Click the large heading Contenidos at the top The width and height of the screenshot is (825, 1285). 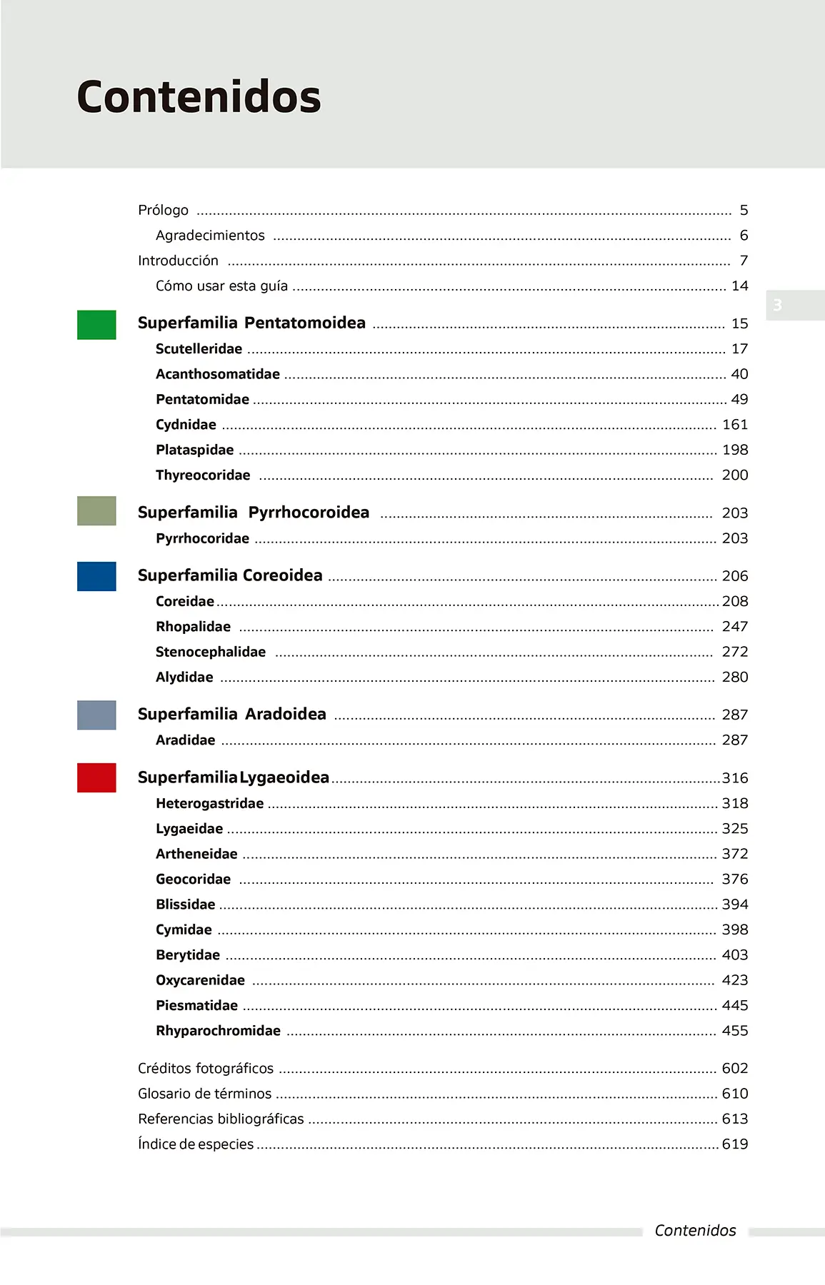[x=199, y=97]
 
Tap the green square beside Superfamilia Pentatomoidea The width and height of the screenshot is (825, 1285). [x=96, y=325]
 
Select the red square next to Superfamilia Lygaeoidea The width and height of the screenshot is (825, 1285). [x=96, y=777]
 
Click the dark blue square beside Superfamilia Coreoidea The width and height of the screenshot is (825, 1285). [x=96, y=576]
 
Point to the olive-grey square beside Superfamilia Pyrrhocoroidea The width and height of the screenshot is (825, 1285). [x=96, y=511]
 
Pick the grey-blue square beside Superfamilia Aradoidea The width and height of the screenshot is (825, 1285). [x=96, y=715]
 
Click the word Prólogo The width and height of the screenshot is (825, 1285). [x=163, y=211]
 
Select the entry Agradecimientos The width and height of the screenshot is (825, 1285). [x=210, y=236]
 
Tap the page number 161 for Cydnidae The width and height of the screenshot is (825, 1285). [x=734, y=425]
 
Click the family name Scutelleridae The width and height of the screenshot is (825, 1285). [x=199, y=349]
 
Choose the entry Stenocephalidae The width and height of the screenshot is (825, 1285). [x=210, y=652]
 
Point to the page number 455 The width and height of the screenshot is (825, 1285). [x=734, y=1031]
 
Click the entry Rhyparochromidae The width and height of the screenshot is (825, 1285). [x=218, y=1031]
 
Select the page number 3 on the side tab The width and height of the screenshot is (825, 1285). [x=777, y=306]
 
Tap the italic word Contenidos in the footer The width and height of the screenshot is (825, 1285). [x=695, y=1230]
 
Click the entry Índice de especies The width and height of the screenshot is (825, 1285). [x=195, y=1144]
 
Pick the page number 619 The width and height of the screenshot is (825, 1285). [x=734, y=1144]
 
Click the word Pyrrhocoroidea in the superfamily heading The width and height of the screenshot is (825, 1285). [x=309, y=513]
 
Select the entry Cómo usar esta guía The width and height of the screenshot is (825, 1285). [x=221, y=286]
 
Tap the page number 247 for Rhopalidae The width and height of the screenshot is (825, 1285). [x=734, y=627]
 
